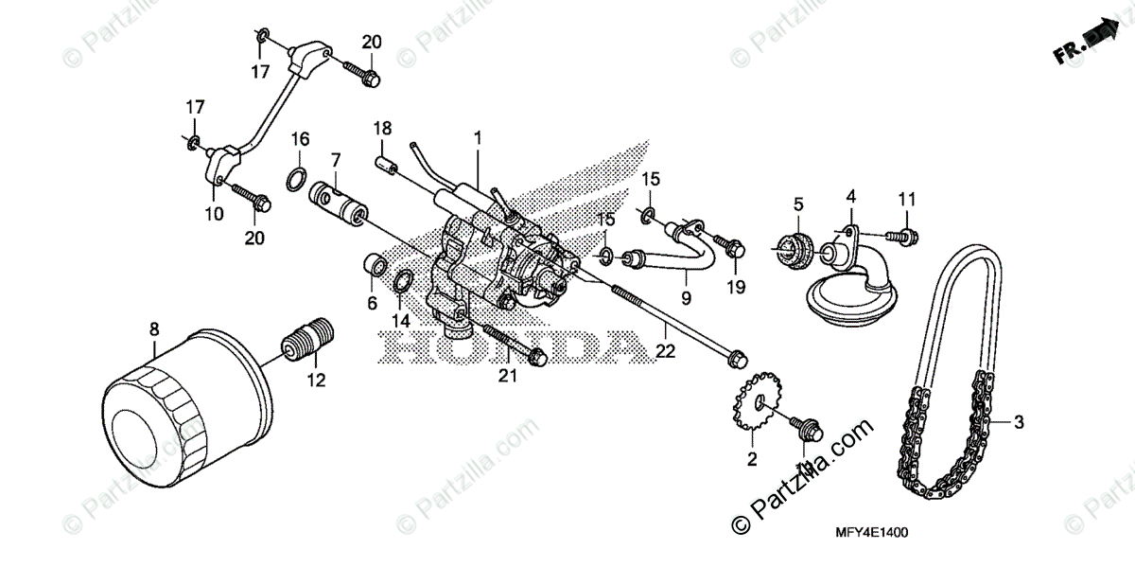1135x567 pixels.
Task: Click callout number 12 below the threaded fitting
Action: coord(315,381)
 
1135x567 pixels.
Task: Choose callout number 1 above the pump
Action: coord(478,138)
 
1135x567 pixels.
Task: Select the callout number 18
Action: coord(381,128)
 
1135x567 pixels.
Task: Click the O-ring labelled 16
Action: coord(295,178)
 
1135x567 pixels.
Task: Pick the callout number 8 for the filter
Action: coord(153,329)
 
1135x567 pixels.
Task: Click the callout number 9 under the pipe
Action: coord(686,297)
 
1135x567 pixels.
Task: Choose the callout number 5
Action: coord(798,204)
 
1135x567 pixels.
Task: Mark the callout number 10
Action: coord(215,214)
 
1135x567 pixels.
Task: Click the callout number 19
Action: coord(736,286)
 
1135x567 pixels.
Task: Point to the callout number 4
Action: coord(850,196)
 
